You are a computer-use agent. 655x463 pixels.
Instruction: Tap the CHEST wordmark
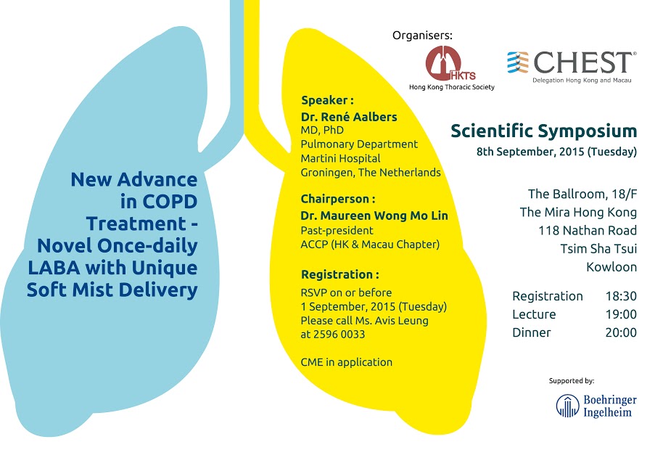click(585, 62)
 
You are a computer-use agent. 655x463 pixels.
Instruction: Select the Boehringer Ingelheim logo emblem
click(567, 406)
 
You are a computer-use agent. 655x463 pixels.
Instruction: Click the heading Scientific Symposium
click(543, 131)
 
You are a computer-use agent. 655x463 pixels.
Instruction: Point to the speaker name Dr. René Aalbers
click(349, 116)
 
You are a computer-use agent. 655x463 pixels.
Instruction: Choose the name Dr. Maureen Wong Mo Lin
click(374, 216)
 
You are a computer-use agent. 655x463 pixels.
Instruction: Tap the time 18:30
click(621, 296)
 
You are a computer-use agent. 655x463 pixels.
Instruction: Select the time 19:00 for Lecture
click(621, 314)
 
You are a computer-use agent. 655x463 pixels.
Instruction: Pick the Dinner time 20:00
click(621, 332)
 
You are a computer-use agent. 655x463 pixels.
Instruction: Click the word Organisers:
click(422, 35)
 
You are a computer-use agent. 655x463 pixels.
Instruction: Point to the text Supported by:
click(572, 380)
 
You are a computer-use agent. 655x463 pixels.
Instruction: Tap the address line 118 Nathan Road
click(588, 230)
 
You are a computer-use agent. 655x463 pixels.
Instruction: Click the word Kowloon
click(611, 266)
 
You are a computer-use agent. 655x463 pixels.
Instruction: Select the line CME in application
click(347, 361)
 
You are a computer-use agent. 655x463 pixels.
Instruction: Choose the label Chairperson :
click(338, 198)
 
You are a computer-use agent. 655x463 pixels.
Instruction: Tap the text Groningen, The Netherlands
click(371, 172)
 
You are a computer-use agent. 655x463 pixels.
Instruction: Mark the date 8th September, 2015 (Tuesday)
click(556, 152)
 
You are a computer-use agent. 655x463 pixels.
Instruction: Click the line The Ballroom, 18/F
click(582, 194)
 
